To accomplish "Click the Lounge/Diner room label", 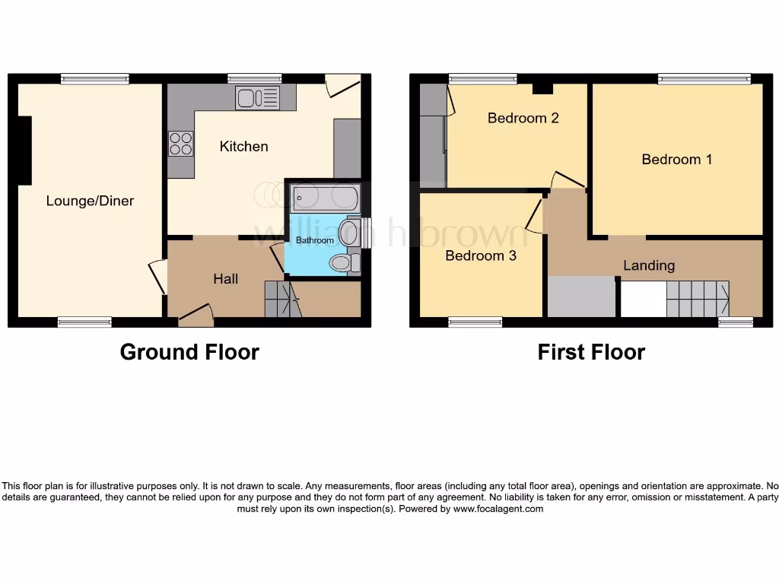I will tap(90, 201).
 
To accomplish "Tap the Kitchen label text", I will tap(243, 146).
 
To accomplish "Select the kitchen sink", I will tap(257, 97).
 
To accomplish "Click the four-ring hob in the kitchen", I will tap(181, 144).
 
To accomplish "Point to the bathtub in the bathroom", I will tap(326, 198).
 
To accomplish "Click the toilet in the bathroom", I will tap(342, 263).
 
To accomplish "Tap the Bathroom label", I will tap(314, 240).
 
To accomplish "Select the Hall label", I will tap(225, 279).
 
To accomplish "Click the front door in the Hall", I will tap(196, 315).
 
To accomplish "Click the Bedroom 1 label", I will tap(676, 159).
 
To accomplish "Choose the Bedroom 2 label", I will tap(523, 118).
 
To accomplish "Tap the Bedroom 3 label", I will tap(481, 255).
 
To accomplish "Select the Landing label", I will tap(649, 265).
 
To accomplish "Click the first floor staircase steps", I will tap(696, 299).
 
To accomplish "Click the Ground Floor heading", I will tap(189, 352).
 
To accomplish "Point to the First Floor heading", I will tap(591, 352).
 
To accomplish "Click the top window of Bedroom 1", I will tap(704, 78).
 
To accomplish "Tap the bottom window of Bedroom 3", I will tap(475, 322).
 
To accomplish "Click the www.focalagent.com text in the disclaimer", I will tap(498, 509).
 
